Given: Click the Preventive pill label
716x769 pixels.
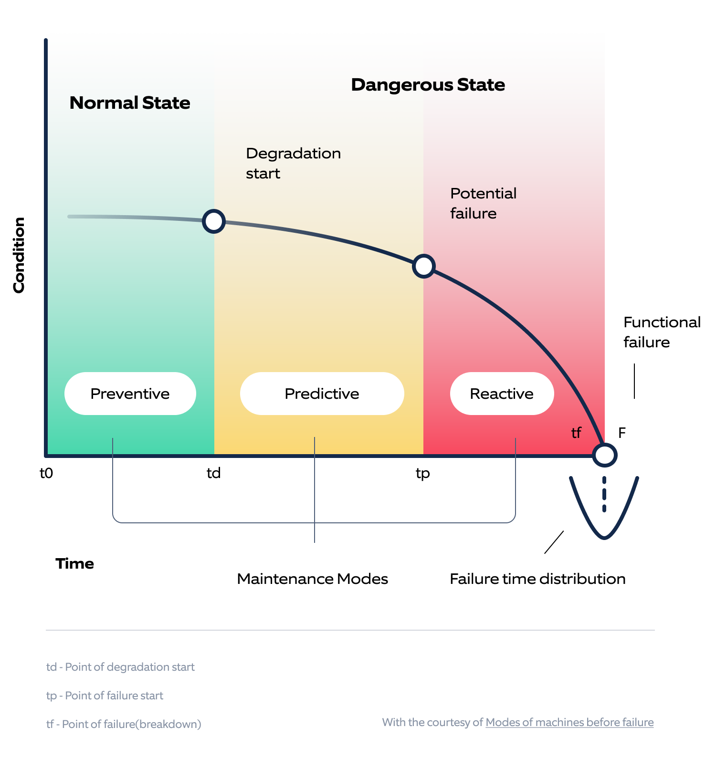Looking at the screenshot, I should pyautogui.click(x=130, y=394).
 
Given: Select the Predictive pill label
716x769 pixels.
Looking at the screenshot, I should pyautogui.click(x=322, y=394).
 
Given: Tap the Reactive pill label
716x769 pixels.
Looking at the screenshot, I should pyautogui.click(x=502, y=394).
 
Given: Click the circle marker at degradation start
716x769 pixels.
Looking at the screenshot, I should pyautogui.click(x=214, y=221).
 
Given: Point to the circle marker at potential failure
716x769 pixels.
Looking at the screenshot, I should pyautogui.click(x=424, y=266).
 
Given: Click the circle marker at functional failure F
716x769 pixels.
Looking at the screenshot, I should pyautogui.click(x=604, y=455).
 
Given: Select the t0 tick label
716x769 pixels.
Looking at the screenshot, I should pyautogui.click(x=46, y=473).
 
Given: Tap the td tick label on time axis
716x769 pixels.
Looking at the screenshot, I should pyautogui.click(x=213, y=473).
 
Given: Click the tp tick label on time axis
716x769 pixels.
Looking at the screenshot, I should pyautogui.click(x=423, y=474).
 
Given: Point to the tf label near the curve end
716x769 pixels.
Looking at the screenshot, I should pyautogui.click(x=576, y=433).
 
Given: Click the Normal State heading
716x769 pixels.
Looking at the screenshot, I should pyautogui.click(x=130, y=103).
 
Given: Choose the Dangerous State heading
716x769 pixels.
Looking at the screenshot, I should pyautogui.click(x=428, y=85).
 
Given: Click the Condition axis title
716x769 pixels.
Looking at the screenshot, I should pyautogui.click(x=19, y=255).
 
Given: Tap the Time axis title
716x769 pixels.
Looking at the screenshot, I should pyautogui.click(x=75, y=563).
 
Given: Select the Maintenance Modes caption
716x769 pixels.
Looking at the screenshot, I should pyautogui.click(x=312, y=579).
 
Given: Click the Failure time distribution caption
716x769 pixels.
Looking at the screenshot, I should pyautogui.click(x=537, y=579).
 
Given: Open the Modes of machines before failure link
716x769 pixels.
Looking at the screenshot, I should pyautogui.click(x=569, y=722).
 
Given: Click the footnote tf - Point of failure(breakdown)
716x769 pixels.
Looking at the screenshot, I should pyautogui.click(x=124, y=724).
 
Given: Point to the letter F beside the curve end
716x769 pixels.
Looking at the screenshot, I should pyautogui.click(x=621, y=433).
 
